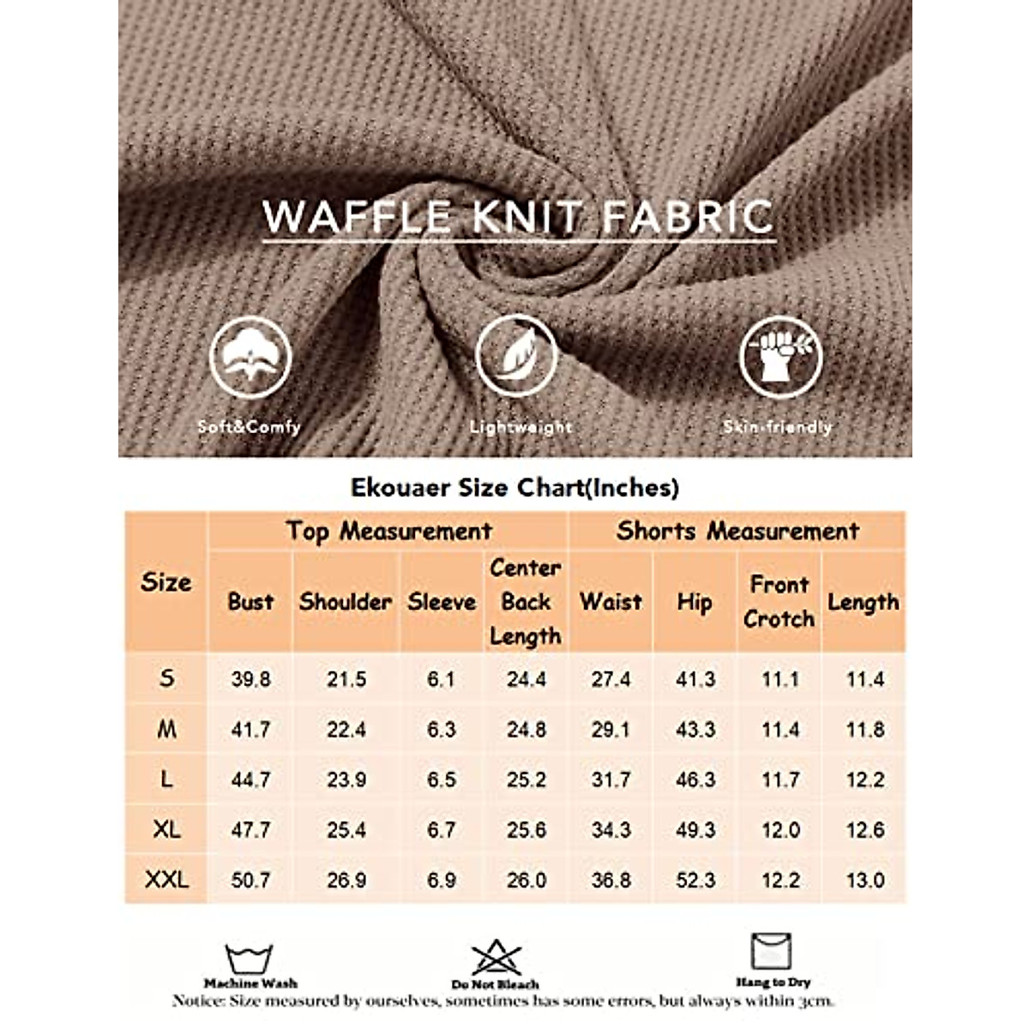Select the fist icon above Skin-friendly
[x=780, y=355]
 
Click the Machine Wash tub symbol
[x=250, y=958]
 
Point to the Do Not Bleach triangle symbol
[x=496, y=957]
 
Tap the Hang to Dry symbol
[x=772, y=952]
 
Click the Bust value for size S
[x=250, y=679]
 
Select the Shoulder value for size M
[x=346, y=730]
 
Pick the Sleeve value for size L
[x=441, y=779]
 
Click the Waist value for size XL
[x=611, y=830]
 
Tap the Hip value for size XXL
[x=695, y=880]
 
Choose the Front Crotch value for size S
[x=779, y=679]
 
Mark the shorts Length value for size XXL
[x=864, y=880]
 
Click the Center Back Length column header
[x=526, y=602]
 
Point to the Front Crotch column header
[x=779, y=602]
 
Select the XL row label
[x=166, y=830]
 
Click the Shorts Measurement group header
[x=737, y=532]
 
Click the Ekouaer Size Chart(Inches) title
[x=514, y=487]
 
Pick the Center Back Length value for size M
[x=526, y=730]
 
